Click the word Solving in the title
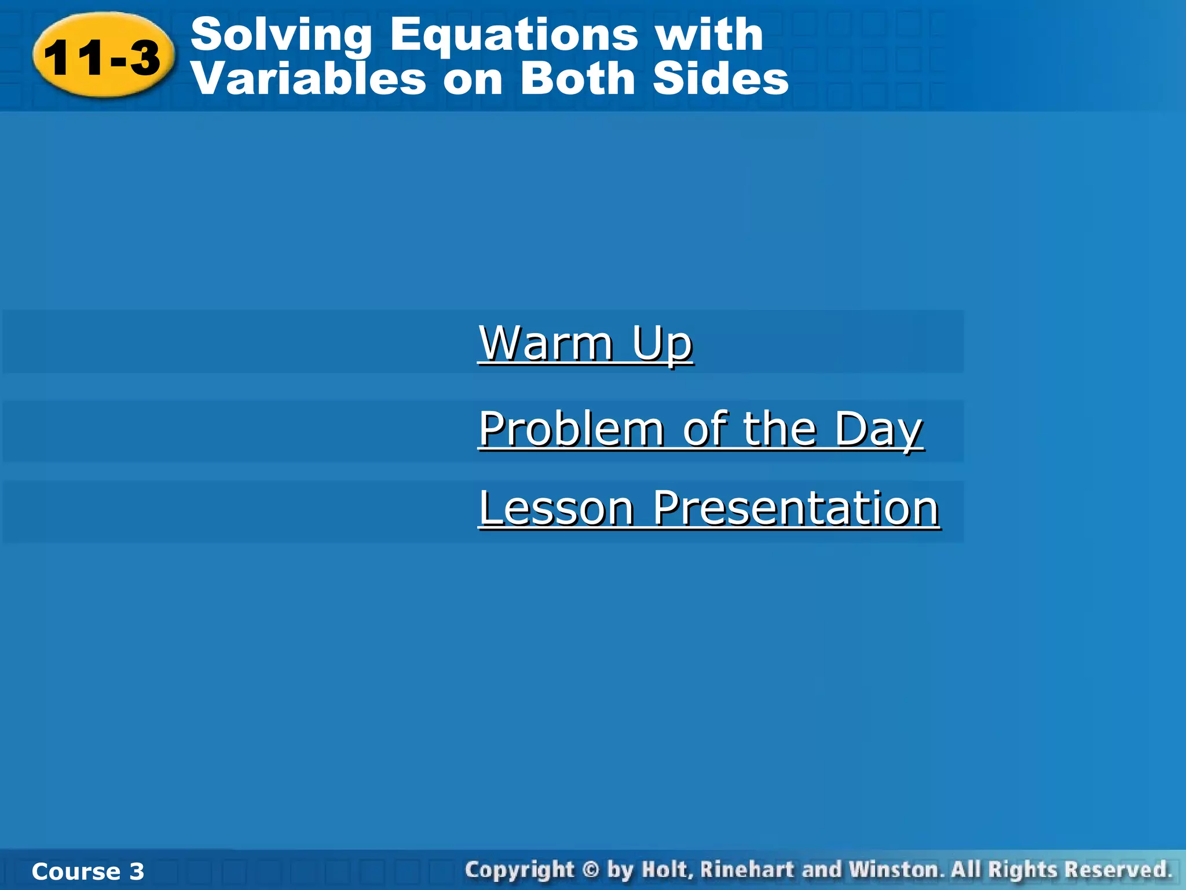[x=281, y=35]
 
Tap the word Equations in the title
[x=514, y=35]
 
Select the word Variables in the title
[x=309, y=79]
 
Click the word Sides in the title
[x=720, y=79]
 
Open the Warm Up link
[x=585, y=343]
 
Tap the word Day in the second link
[x=878, y=429]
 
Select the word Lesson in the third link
[x=557, y=508]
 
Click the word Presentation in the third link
[x=796, y=508]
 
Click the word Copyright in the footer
[x=519, y=870]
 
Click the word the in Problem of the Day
[x=779, y=429]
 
